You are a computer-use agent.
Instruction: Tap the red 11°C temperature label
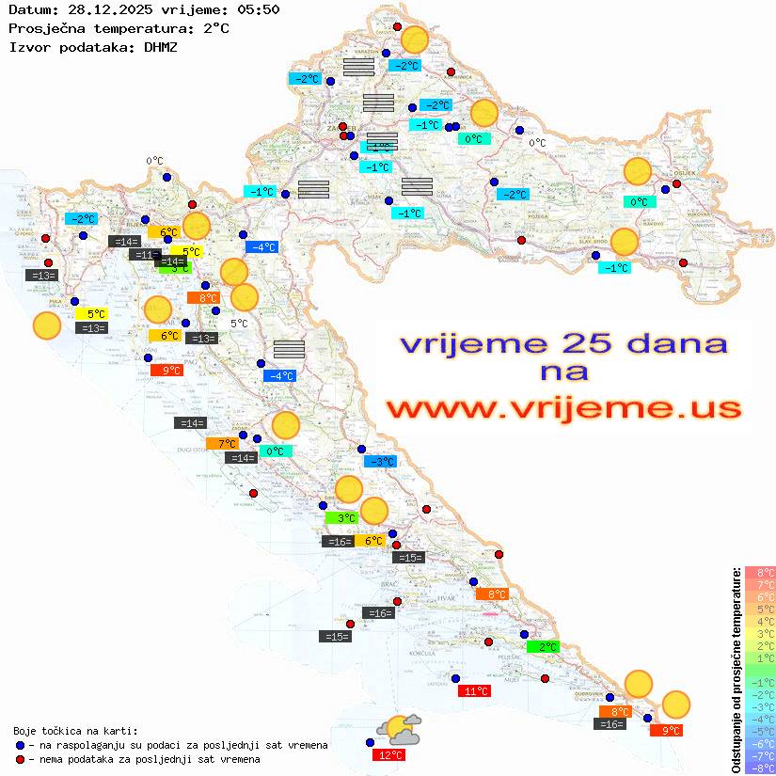point(474,691)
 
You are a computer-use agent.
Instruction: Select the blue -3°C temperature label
point(381,462)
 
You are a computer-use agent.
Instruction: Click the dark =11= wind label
point(145,255)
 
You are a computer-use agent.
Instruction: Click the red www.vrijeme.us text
point(562,408)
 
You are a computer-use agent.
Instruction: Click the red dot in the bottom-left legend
point(21,759)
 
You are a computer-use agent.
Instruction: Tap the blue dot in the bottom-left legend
point(21,745)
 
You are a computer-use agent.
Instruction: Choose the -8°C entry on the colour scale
point(759,768)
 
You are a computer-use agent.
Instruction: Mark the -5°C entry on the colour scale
point(759,731)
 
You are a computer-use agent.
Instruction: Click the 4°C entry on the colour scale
point(759,621)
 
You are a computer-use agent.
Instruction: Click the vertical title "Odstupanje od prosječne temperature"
point(735,670)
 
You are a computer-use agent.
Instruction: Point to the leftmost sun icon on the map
point(47,326)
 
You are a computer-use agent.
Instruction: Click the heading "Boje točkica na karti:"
point(75,731)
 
